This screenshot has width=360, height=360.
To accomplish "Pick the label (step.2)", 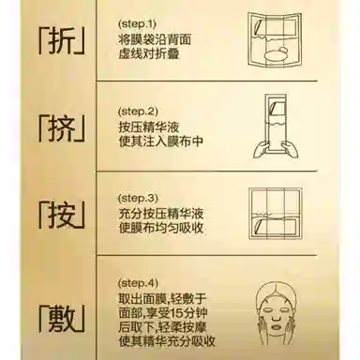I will (140, 109).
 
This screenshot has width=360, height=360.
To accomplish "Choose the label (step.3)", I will (140, 199).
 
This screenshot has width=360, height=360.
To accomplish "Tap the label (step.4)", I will (140, 282).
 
